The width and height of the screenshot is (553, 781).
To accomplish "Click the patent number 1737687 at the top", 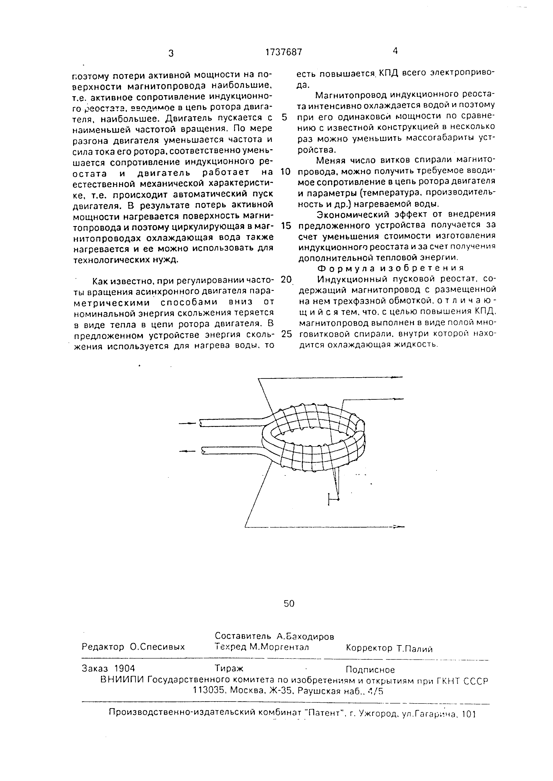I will click(x=283, y=52).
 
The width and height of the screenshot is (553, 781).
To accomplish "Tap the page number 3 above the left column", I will click(x=171, y=53).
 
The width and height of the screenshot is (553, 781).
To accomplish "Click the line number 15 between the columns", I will click(x=286, y=226).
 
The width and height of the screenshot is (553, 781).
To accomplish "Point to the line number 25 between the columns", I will click(x=286, y=334).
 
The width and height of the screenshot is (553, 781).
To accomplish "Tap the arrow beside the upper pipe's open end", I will click(x=187, y=424).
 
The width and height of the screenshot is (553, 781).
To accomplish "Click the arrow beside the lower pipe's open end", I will click(x=187, y=451).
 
